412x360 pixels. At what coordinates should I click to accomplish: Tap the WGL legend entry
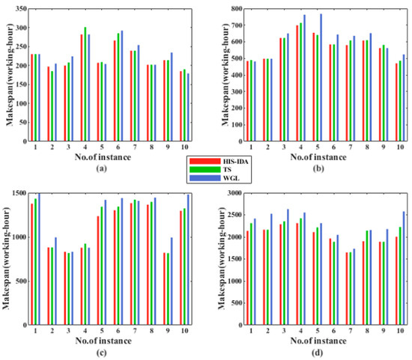click(x=213, y=179)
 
